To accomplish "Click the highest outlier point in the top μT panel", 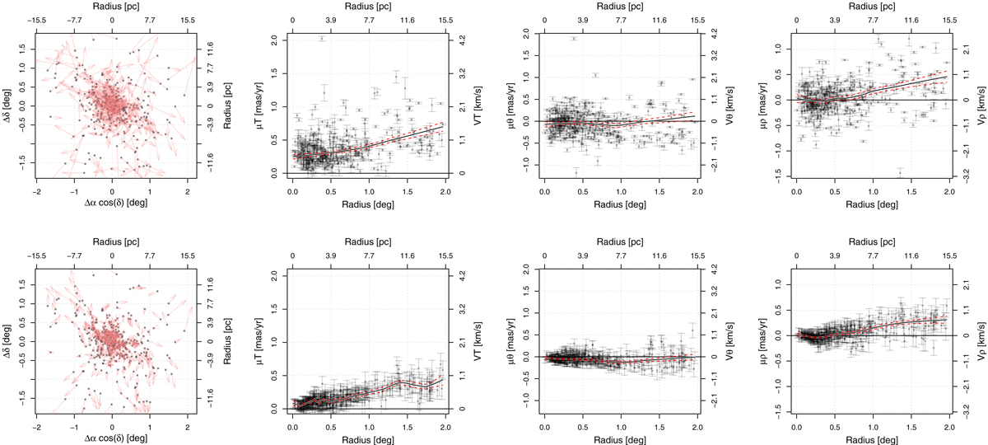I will [x=323, y=39].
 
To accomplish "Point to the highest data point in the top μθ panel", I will [x=574, y=38].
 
